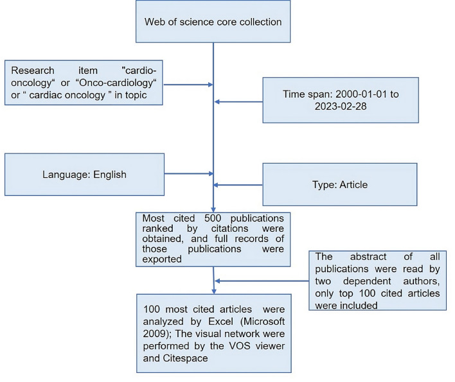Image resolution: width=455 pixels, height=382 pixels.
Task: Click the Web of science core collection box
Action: click(212, 22)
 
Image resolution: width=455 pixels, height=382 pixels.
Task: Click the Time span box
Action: click(341, 100)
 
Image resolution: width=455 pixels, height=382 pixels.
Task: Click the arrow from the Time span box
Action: click(238, 101)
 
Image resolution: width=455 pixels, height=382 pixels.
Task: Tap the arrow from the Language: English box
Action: click(188, 173)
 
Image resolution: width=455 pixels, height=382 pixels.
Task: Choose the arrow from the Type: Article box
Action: click(238, 185)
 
